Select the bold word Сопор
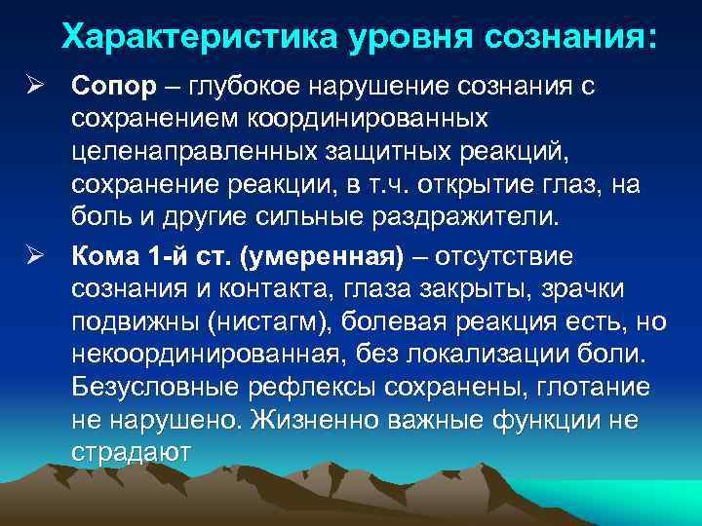[x=113, y=86]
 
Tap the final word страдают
[x=133, y=454]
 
